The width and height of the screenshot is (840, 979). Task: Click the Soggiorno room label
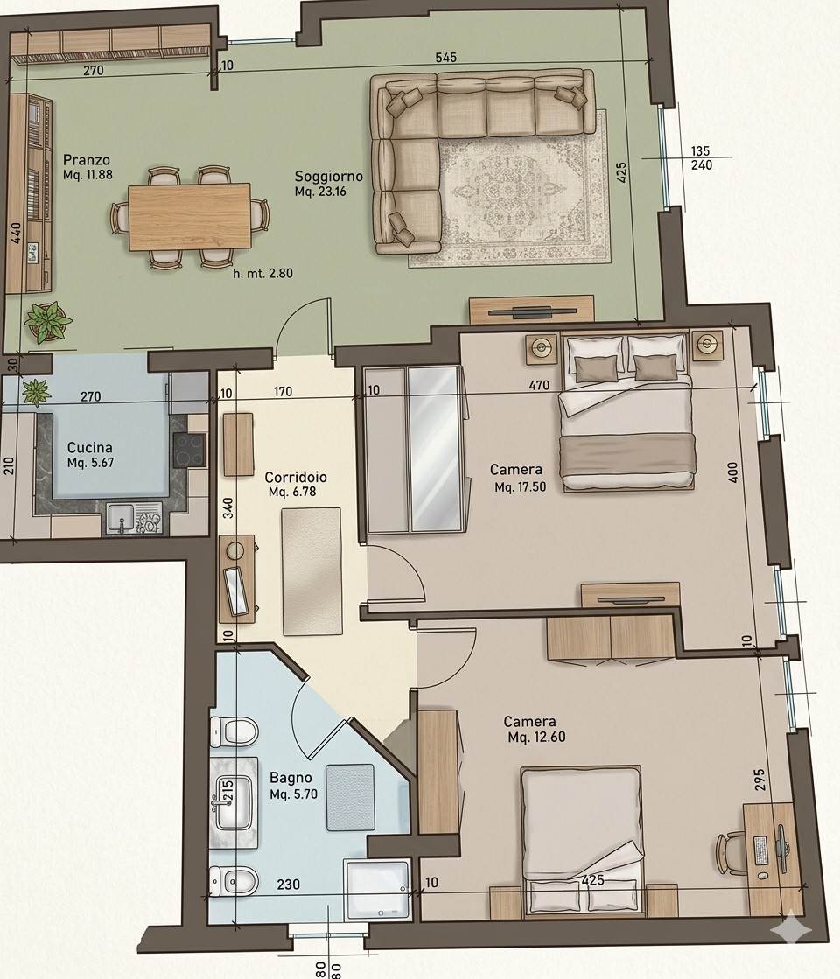(328, 177)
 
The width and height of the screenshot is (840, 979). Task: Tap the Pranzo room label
(86, 160)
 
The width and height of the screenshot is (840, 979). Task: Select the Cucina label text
(90, 448)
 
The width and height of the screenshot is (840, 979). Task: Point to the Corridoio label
(296, 477)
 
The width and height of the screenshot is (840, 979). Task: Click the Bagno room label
(290, 778)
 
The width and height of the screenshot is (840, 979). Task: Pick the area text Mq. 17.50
(521, 487)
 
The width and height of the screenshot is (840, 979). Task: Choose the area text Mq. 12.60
(536, 738)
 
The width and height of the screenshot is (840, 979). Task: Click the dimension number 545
(446, 58)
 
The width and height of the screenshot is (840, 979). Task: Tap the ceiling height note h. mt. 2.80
(262, 273)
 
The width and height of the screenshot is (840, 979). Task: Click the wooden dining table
(189, 217)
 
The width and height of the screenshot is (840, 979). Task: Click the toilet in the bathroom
(234, 731)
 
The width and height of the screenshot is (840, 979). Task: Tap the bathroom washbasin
(234, 802)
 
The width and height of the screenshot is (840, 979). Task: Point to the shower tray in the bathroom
(377, 889)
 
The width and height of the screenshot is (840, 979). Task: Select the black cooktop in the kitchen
(190, 450)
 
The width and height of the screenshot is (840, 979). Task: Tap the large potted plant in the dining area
(47, 322)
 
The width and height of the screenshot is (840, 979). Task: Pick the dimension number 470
(539, 386)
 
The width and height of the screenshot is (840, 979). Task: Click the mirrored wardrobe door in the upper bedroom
(435, 450)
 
